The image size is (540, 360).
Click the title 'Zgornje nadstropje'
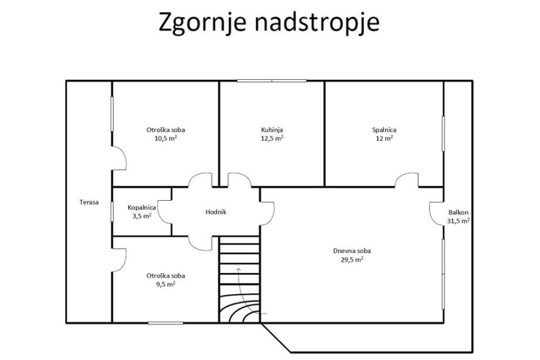coord(269,22)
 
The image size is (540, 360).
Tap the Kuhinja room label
coord(272,130)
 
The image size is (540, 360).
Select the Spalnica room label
coord(384,130)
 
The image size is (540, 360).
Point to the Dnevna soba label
coord(352,251)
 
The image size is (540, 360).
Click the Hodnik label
coord(216,212)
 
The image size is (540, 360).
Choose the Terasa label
coord(89,202)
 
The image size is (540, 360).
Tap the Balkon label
coord(458,213)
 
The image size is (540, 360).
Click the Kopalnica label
coord(142,207)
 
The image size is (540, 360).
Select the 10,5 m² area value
coord(166,139)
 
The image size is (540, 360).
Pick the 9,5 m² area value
coord(166,284)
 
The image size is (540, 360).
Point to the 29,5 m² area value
coord(352,260)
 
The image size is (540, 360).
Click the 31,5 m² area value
coord(459,221)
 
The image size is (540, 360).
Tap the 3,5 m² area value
coord(142,216)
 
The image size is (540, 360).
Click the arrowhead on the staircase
coord(238,269)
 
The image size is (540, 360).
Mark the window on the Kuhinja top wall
coord(272,81)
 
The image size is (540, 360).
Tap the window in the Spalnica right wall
coord(443,134)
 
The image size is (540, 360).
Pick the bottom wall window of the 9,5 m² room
coord(166,323)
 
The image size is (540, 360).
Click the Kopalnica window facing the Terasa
coord(112,211)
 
